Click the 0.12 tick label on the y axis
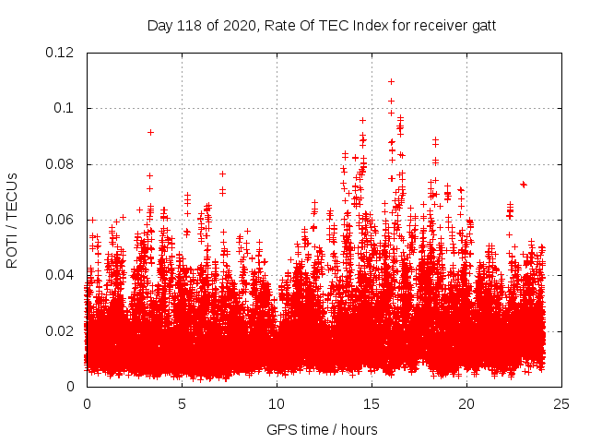point(60,53)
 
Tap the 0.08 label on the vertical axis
point(60,164)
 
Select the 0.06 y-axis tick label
point(60,220)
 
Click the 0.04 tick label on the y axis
point(60,275)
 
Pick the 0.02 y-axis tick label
point(60,330)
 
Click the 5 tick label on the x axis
point(182,404)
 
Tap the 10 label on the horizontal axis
point(277,404)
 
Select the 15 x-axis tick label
point(372,404)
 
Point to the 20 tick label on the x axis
point(466,404)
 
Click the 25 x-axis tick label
point(561,404)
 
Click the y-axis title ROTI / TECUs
point(13,220)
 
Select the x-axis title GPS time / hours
point(322,429)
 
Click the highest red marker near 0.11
point(391,81)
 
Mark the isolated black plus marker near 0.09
point(150,132)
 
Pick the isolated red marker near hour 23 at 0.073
point(524,185)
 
